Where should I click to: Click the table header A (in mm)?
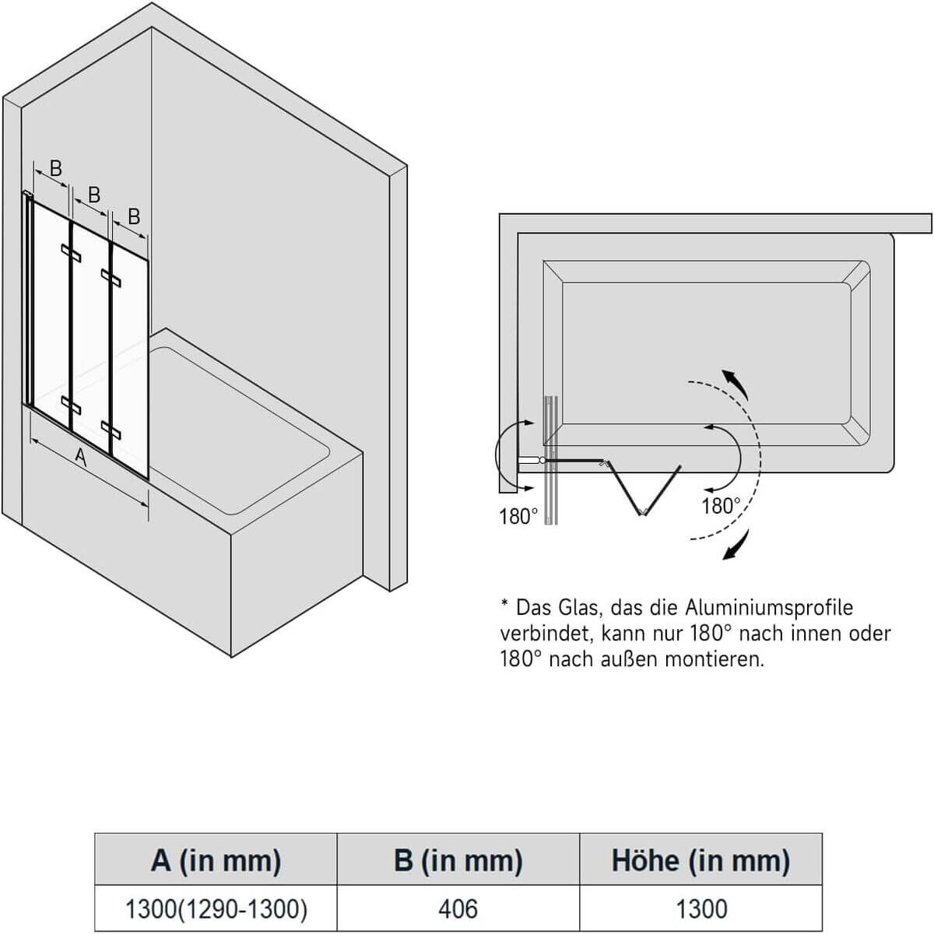coord(216,859)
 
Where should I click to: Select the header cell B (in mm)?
coord(458,859)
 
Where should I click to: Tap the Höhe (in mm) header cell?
coord(700,859)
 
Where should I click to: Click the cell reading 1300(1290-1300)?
coord(216,908)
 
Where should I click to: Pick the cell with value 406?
coord(458,908)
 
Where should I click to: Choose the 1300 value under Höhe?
coord(700,908)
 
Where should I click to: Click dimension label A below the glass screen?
coord(80,457)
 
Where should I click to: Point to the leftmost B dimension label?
coord(55,168)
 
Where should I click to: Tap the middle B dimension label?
coord(94,195)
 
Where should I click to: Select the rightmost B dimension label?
coord(133,216)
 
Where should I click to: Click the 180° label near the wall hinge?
coord(518,516)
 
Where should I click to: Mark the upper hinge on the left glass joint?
coord(72,252)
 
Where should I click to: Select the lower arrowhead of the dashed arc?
coord(732,548)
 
